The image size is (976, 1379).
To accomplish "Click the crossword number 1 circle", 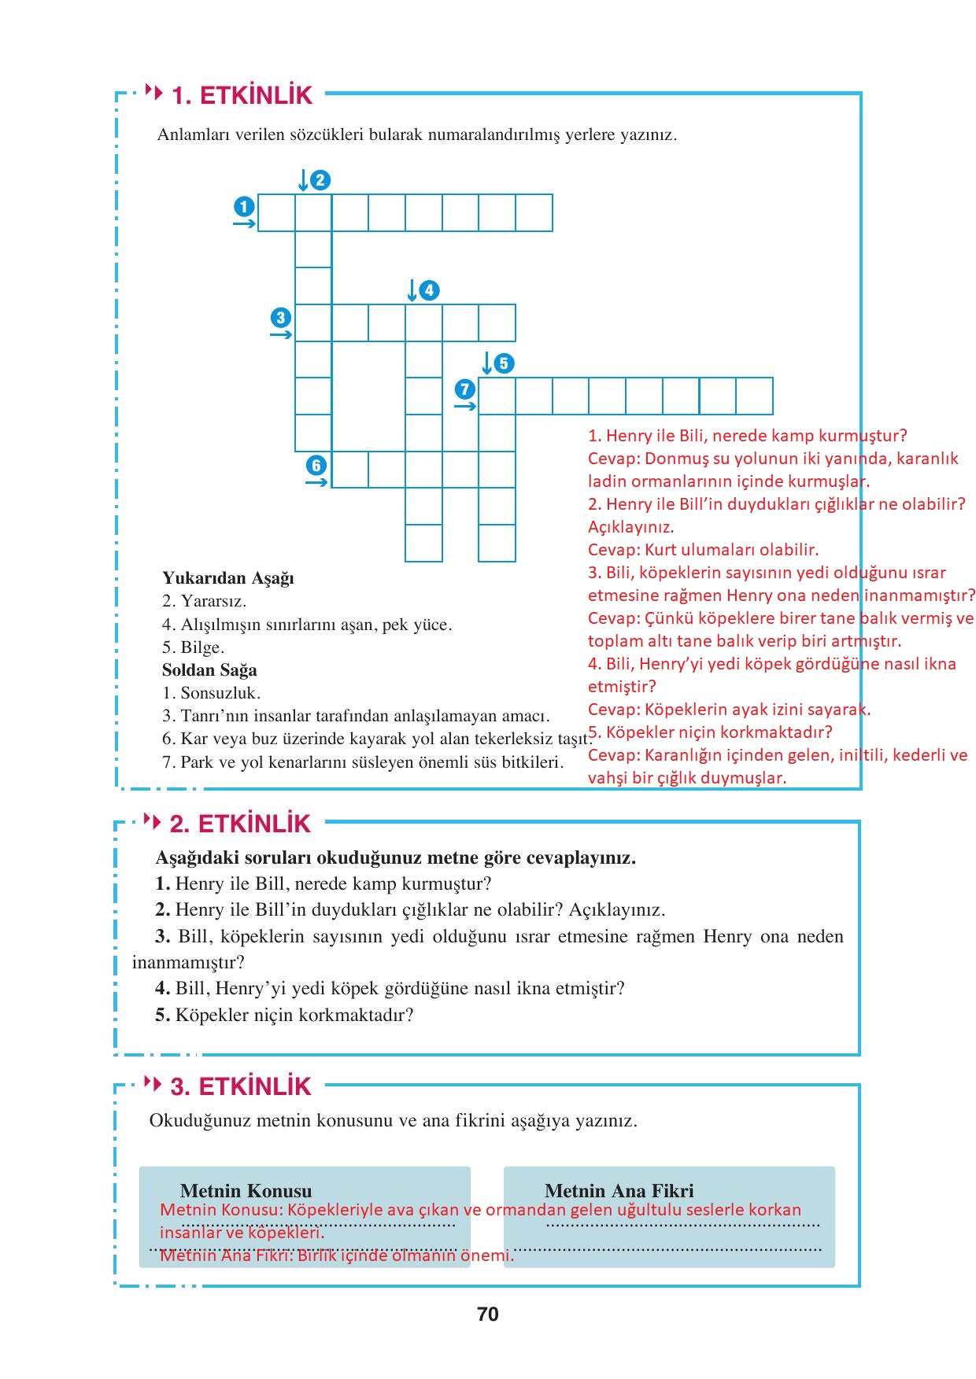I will pyautogui.click(x=244, y=207).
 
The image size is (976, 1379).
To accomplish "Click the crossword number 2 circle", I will pyautogui.click(x=320, y=180).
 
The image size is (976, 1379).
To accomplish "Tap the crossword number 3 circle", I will pyautogui.click(x=281, y=318).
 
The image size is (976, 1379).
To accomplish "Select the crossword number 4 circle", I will pyautogui.click(x=429, y=290).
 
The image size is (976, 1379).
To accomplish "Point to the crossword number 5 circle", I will pyautogui.click(x=504, y=363).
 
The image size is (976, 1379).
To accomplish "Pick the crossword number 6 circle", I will pyautogui.click(x=316, y=465).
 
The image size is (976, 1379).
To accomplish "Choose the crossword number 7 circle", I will pyautogui.click(x=465, y=389).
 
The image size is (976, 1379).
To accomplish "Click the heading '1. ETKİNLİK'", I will pyautogui.click(x=242, y=95).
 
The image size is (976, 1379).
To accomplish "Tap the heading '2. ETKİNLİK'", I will pyautogui.click(x=240, y=824).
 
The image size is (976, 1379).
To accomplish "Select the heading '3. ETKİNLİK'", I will pyautogui.click(x=241, y=1086).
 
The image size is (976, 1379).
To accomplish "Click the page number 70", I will pyautogui.click(x=488, y=1314).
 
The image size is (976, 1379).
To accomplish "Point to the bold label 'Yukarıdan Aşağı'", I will pyautogui.click(x=228, y=578).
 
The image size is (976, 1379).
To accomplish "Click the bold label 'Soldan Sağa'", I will pyautogui.click(x=209, y=670).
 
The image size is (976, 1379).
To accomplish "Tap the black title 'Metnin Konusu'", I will pyautogui.click(x=246, y=1191).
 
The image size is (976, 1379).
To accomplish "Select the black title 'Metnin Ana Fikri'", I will pyautogui.click(x=619, y=1191).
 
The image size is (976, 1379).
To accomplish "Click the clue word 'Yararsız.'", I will pyautogui.click(x=213, y=601).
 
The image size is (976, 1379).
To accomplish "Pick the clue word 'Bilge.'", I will pyautogui.click(x=202, y=647).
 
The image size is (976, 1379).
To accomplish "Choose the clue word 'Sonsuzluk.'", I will pyautogui.click(x=220, y=693).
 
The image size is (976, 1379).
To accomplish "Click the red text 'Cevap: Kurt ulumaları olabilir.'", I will pyautogui.click(x=703, y=550).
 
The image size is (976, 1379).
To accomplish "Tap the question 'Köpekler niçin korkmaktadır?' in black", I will pyautogui.click(x=294, y=1015).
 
